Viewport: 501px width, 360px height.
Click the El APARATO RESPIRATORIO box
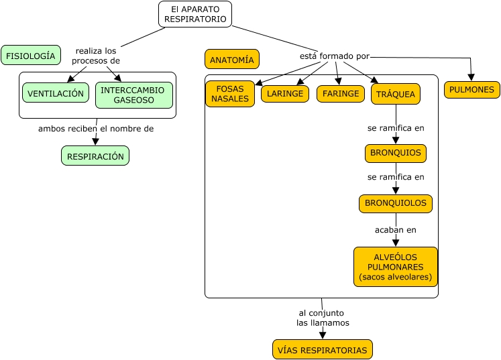(x=195, y=14)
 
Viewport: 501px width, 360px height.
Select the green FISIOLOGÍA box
(x=31, y=55)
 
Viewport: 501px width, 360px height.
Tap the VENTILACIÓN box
(x=56, y=93)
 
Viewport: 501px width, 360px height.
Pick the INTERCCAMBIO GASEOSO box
(x=133, y=95)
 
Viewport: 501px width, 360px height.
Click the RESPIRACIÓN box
(x=95, y=156)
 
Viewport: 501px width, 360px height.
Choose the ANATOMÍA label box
(x=231, y=59)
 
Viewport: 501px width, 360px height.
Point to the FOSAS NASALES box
(x=230, y=94)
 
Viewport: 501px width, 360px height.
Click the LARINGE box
(x=284, y=94)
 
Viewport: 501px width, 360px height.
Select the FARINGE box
(x=340, y=93)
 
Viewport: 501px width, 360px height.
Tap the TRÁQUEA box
(x=395, y=94)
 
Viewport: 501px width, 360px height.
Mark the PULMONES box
(x=471, y=89)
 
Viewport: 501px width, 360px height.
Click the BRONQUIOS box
(x=395, y=153)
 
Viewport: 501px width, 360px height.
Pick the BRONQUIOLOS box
(x=395, y=202)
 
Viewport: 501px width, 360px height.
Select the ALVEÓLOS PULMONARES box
(x=395, y=267)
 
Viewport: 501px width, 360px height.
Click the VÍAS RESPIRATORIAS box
(x=322, y=350)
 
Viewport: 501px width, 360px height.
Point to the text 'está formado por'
(x=334, y=56)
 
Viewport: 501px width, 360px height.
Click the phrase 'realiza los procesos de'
(x=96, y=56)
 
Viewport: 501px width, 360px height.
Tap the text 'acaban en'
(x=395, y=229)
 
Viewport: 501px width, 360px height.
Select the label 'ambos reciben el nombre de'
(x=96, y=129)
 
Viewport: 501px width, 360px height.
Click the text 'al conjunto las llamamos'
(x=323, y=318)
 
